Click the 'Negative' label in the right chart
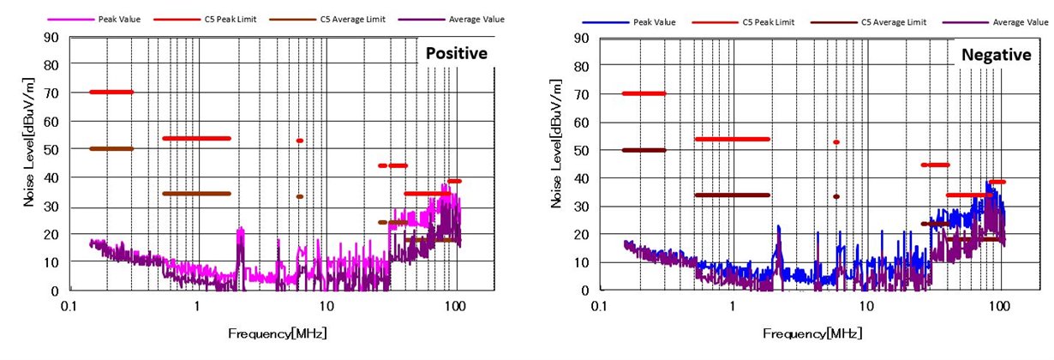click(995, 54)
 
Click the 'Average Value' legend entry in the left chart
click(476, 18)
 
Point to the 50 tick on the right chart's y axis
click(582, 150)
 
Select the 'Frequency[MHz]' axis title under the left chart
click(277, 333)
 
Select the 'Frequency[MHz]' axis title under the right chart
click(812, 333)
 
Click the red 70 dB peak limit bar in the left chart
click(111, 92)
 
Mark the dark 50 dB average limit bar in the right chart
click(644, 150)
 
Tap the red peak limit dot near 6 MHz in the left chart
click(299, 141)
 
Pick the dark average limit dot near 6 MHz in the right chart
click(835, 196)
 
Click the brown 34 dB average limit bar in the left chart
click(196, 194)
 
